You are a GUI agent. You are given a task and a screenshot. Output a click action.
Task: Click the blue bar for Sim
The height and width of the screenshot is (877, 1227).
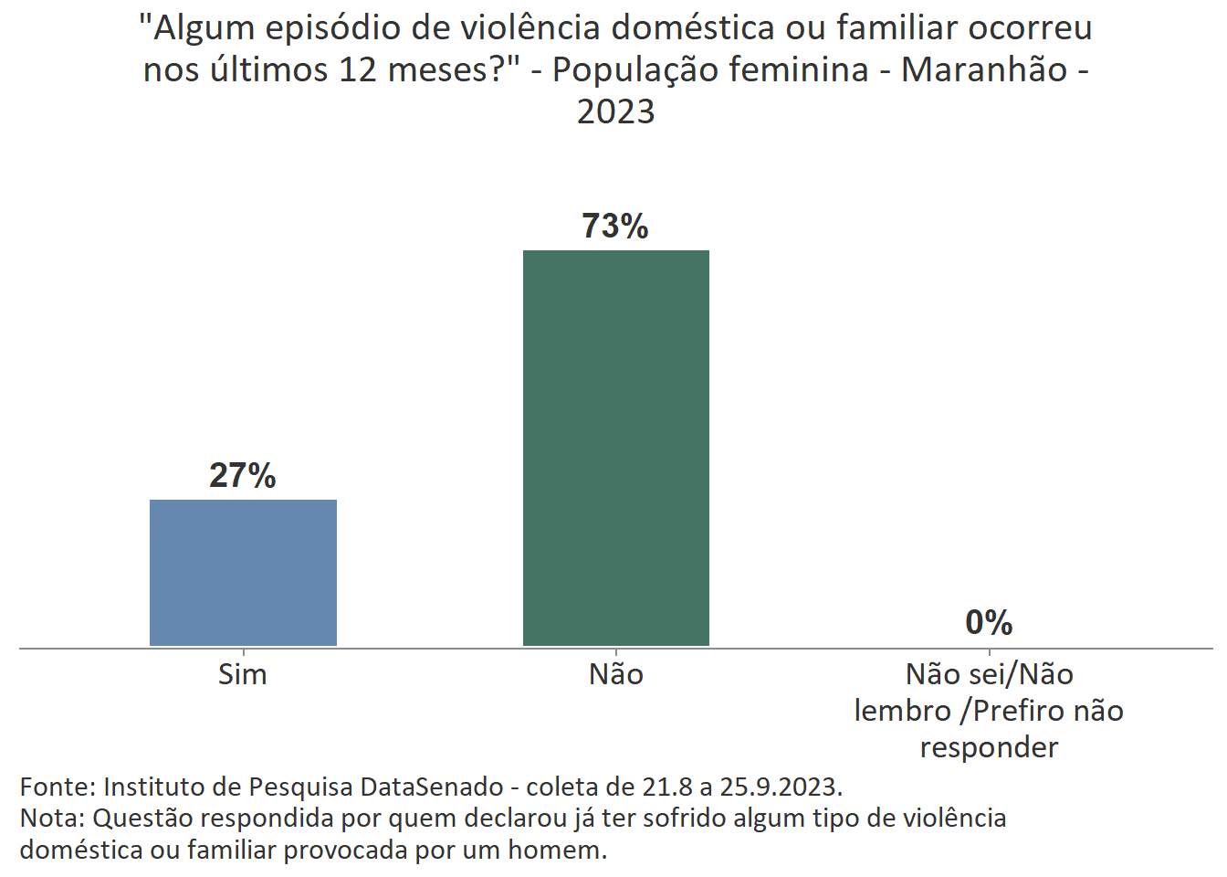243,572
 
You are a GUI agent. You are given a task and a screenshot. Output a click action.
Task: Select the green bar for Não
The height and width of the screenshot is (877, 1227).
615,448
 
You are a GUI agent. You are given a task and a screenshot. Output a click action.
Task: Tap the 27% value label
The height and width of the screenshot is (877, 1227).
243,476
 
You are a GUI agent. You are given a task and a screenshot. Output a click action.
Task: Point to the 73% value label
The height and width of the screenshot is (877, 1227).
615,227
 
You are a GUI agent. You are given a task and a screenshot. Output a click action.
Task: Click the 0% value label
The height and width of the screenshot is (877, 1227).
989,623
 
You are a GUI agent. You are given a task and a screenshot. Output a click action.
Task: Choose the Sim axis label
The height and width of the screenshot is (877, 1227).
243,675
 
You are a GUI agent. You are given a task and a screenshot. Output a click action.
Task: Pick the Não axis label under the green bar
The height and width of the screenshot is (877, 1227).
615,675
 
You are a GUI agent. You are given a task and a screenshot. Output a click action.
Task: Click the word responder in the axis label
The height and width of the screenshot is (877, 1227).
989,747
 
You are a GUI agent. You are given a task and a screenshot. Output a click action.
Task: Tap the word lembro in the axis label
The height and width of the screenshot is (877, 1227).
902,711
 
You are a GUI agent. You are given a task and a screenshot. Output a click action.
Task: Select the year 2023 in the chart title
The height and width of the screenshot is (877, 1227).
615,111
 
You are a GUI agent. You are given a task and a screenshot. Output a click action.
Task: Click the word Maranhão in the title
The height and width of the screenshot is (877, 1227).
984,69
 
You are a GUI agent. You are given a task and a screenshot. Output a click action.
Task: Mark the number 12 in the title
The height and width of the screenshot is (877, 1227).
359,69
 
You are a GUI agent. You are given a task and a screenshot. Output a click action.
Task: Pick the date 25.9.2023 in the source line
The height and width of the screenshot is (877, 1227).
779,787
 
